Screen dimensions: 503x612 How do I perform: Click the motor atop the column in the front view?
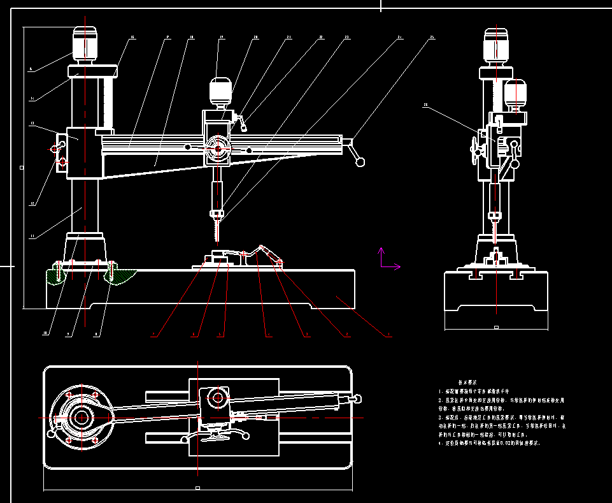point(85,44)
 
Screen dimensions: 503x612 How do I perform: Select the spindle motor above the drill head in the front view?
point(220,91)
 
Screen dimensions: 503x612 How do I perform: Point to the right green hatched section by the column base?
point(123,276)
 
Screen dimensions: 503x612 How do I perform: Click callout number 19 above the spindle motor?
point(222,38)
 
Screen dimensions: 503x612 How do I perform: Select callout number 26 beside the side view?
point(425,105)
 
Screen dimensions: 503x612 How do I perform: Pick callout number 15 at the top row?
point(132,38)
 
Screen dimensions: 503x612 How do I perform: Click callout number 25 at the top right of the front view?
point(431,38)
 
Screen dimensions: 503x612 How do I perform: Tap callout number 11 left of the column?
point(31,237)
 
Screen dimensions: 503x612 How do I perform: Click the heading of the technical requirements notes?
point(468,381)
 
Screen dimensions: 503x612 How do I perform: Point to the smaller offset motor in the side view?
point(515,94)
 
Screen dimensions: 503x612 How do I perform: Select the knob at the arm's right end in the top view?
point(359,398)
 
